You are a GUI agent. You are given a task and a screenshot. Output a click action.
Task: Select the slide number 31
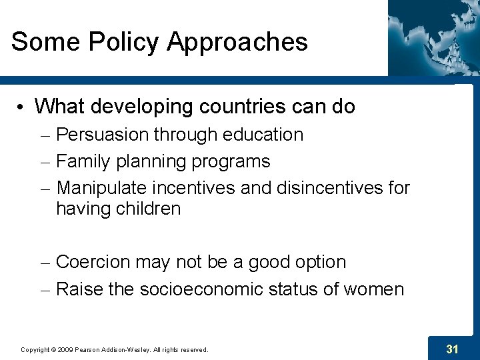click(452, 349)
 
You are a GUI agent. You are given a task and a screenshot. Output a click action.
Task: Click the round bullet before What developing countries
click(22, 107)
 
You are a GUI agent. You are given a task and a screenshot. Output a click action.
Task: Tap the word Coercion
click(94, 262)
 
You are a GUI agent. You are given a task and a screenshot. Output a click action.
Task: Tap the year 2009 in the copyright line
click(65, 349)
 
